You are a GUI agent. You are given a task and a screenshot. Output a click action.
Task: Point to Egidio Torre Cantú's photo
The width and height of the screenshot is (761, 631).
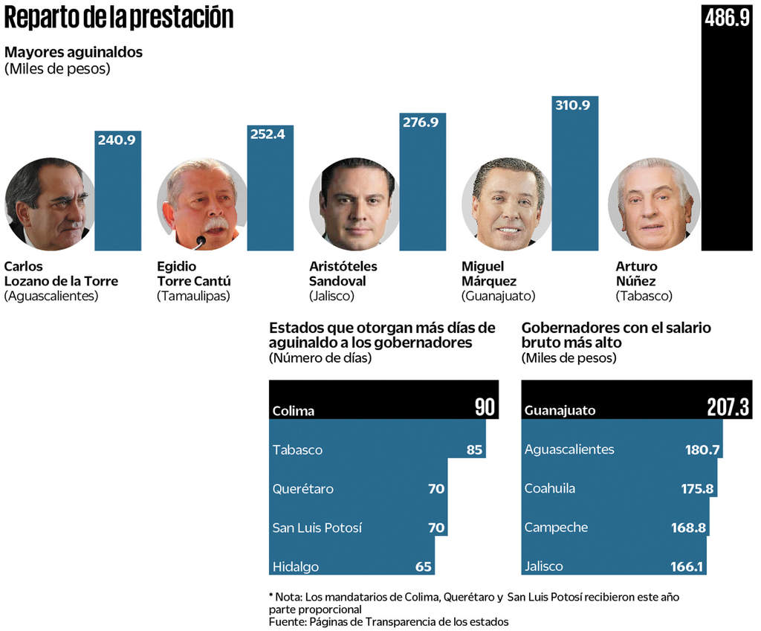(x=202, y=204)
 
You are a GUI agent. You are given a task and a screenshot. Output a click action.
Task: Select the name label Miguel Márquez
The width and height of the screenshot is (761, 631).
(x=488, y=274)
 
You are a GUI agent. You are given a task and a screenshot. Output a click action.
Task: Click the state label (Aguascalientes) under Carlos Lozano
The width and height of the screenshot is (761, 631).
(x=51, y=296)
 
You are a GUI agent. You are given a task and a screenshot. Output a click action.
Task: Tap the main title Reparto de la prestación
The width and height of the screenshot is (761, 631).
(x=119, y=19)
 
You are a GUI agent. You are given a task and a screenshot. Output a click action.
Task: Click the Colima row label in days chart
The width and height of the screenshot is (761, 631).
(x=294, y=411)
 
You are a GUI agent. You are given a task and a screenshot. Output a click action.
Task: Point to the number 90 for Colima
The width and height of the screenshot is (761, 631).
(x=485, y=407)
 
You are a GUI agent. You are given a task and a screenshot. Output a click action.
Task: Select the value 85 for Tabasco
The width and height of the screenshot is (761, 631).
(x=474, y=450)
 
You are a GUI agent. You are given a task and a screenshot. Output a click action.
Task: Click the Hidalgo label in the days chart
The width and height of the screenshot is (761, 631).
(x=296, y=566)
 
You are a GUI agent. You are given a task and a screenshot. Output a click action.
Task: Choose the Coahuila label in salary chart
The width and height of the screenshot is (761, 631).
(x=550, y=488)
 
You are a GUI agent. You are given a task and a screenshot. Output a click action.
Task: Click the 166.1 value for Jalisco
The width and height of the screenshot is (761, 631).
(x=686, y=566)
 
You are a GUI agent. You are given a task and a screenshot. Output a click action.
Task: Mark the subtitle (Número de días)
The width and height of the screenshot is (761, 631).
(x=320, y=358)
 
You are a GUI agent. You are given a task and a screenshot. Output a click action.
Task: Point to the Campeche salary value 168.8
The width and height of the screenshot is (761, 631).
(x=688, y=528)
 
